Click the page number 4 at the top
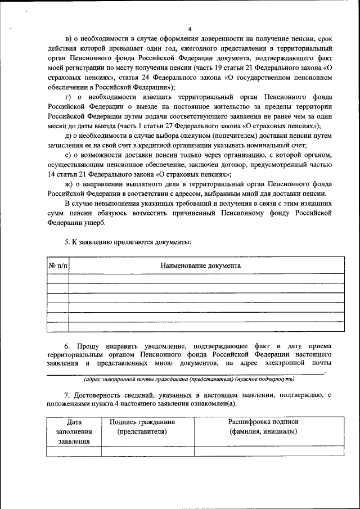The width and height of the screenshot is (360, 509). point(190,29)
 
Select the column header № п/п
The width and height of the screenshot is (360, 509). point(57,265)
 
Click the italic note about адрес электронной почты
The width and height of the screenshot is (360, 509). point(189,379)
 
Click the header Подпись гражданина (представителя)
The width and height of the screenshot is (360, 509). point(142,426)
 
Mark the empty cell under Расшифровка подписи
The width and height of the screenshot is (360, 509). point(263,450)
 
